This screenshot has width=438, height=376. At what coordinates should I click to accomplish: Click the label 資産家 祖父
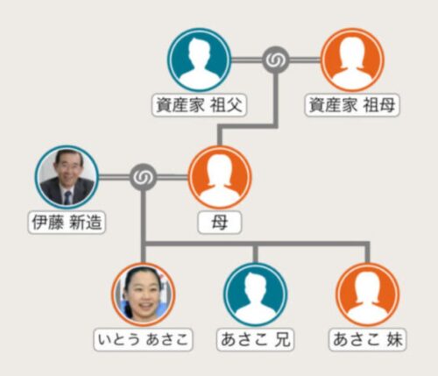(x=199, y=105)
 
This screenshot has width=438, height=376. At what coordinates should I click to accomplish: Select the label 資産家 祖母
(x=352, y=105)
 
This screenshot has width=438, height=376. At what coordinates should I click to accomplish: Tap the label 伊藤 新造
(x=67, y=223)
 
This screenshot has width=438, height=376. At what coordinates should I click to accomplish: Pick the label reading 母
(x=220, y=223)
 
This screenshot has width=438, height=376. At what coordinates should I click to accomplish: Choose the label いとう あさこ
(x=143, y=340)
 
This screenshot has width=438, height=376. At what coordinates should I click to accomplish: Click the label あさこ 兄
(x=256, y=340)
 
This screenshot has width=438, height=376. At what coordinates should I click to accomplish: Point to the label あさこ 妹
(x=368, y=340)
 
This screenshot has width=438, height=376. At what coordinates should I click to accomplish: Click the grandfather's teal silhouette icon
(x=199, y=60)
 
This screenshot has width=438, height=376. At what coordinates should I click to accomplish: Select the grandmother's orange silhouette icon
(x=352, y=60)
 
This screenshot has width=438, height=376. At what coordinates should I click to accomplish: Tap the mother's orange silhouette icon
(x=220, y=178)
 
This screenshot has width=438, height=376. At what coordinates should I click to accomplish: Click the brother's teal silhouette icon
(x=256, y=294)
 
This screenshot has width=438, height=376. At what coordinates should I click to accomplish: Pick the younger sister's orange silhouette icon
(x=368, y=294)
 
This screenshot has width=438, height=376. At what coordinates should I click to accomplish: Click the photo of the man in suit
(x=67, y=178)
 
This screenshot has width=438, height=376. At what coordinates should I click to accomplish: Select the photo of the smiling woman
(x=143, y=294)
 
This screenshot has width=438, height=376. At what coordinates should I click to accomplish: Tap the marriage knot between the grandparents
(x=276, y=60)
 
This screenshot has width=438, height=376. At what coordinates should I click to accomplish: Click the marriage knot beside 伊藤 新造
(x=143, y=177)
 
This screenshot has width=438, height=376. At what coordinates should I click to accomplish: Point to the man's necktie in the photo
(x=67, y=198)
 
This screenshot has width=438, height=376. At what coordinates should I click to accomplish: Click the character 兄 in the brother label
(x=281, y=340)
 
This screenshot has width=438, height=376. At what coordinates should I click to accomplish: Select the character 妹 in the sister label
(x=394, y=340)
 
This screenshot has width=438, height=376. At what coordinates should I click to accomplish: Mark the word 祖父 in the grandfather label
(x=226, y=105)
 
